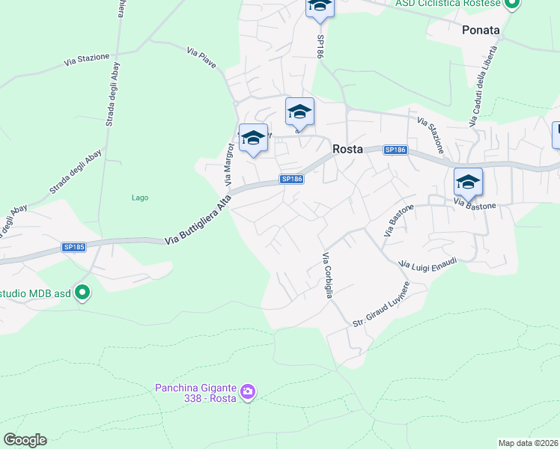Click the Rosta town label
tap(347, 149)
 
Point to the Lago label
tap(139, 198)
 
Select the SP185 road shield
tap(73, 247)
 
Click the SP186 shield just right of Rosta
tap(395, 150)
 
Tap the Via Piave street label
tap(202, 58)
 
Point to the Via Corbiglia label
tap(327, 275)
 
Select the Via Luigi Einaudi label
tap(427, 263)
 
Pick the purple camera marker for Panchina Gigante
tap(249, 391)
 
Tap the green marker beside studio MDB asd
tap(83, 293)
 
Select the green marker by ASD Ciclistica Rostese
tap(512, 4)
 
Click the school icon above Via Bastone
tap(468, 182)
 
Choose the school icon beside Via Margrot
tap(253, 138)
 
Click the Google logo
tap(25, 440)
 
